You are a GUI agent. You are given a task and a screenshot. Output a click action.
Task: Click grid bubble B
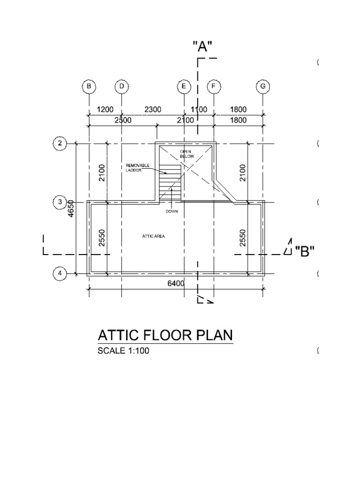pyautogui.click(x=89, y=87)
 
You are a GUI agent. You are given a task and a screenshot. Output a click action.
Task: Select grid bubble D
pyautogui.click(x=121, y=87)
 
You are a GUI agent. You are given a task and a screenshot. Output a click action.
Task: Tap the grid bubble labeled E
pyautogui.click(x=184, y=87)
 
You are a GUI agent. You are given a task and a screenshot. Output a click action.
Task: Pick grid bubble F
pyautogui.click(x=214, y=87)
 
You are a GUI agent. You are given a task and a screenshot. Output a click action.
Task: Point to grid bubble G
pyautogui.click(x=263, y=87)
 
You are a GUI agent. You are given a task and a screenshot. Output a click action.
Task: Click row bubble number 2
pyautogui.click(x=60, y=143)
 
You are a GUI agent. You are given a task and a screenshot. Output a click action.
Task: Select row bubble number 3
pyautogui.click(x=60, y=202)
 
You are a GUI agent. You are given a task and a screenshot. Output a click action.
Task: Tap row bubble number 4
pyautogui.click(x=60, y=273)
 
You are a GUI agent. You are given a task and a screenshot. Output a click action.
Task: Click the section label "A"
pyautogui.click(x=202, y=46)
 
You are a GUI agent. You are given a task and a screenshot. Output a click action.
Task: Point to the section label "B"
pyautogui.click(x=304, y=251)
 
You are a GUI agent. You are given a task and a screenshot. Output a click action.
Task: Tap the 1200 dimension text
pyautogui.click(x=105, y=110)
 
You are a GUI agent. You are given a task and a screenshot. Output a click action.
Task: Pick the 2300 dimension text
pyautogui.click(x=153, y=110)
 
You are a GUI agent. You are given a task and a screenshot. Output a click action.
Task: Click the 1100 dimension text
pyautogui.click(x=199, y=110)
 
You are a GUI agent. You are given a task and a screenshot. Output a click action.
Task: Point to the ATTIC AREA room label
pyautogui.click(x=154, y=236)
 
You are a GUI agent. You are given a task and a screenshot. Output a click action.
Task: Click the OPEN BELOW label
pyautogui.click(x=187, y=153)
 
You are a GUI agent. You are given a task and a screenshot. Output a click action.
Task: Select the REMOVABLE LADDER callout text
pyautogui.click(x=137, y=168)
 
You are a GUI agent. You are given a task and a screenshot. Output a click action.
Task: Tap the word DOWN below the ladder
pyautogui.click(x=172, y=212)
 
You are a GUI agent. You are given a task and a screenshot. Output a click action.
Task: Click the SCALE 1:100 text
pyautogui.click(x=123, y=351)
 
